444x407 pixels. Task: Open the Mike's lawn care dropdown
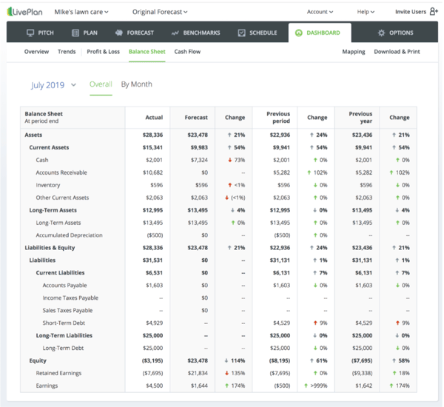81,12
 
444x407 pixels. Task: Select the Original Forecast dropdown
160,12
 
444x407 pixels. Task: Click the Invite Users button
416,12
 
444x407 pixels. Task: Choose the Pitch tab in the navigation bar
41,33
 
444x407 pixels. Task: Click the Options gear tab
395,33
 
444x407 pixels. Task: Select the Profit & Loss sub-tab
103,52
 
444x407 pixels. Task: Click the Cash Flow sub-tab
187,52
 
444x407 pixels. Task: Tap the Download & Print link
396,52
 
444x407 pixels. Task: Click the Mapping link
353,52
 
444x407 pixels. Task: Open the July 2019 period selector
53,85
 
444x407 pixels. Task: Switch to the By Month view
136,84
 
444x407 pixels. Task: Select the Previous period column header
277,118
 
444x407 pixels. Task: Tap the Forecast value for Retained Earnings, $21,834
196,373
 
